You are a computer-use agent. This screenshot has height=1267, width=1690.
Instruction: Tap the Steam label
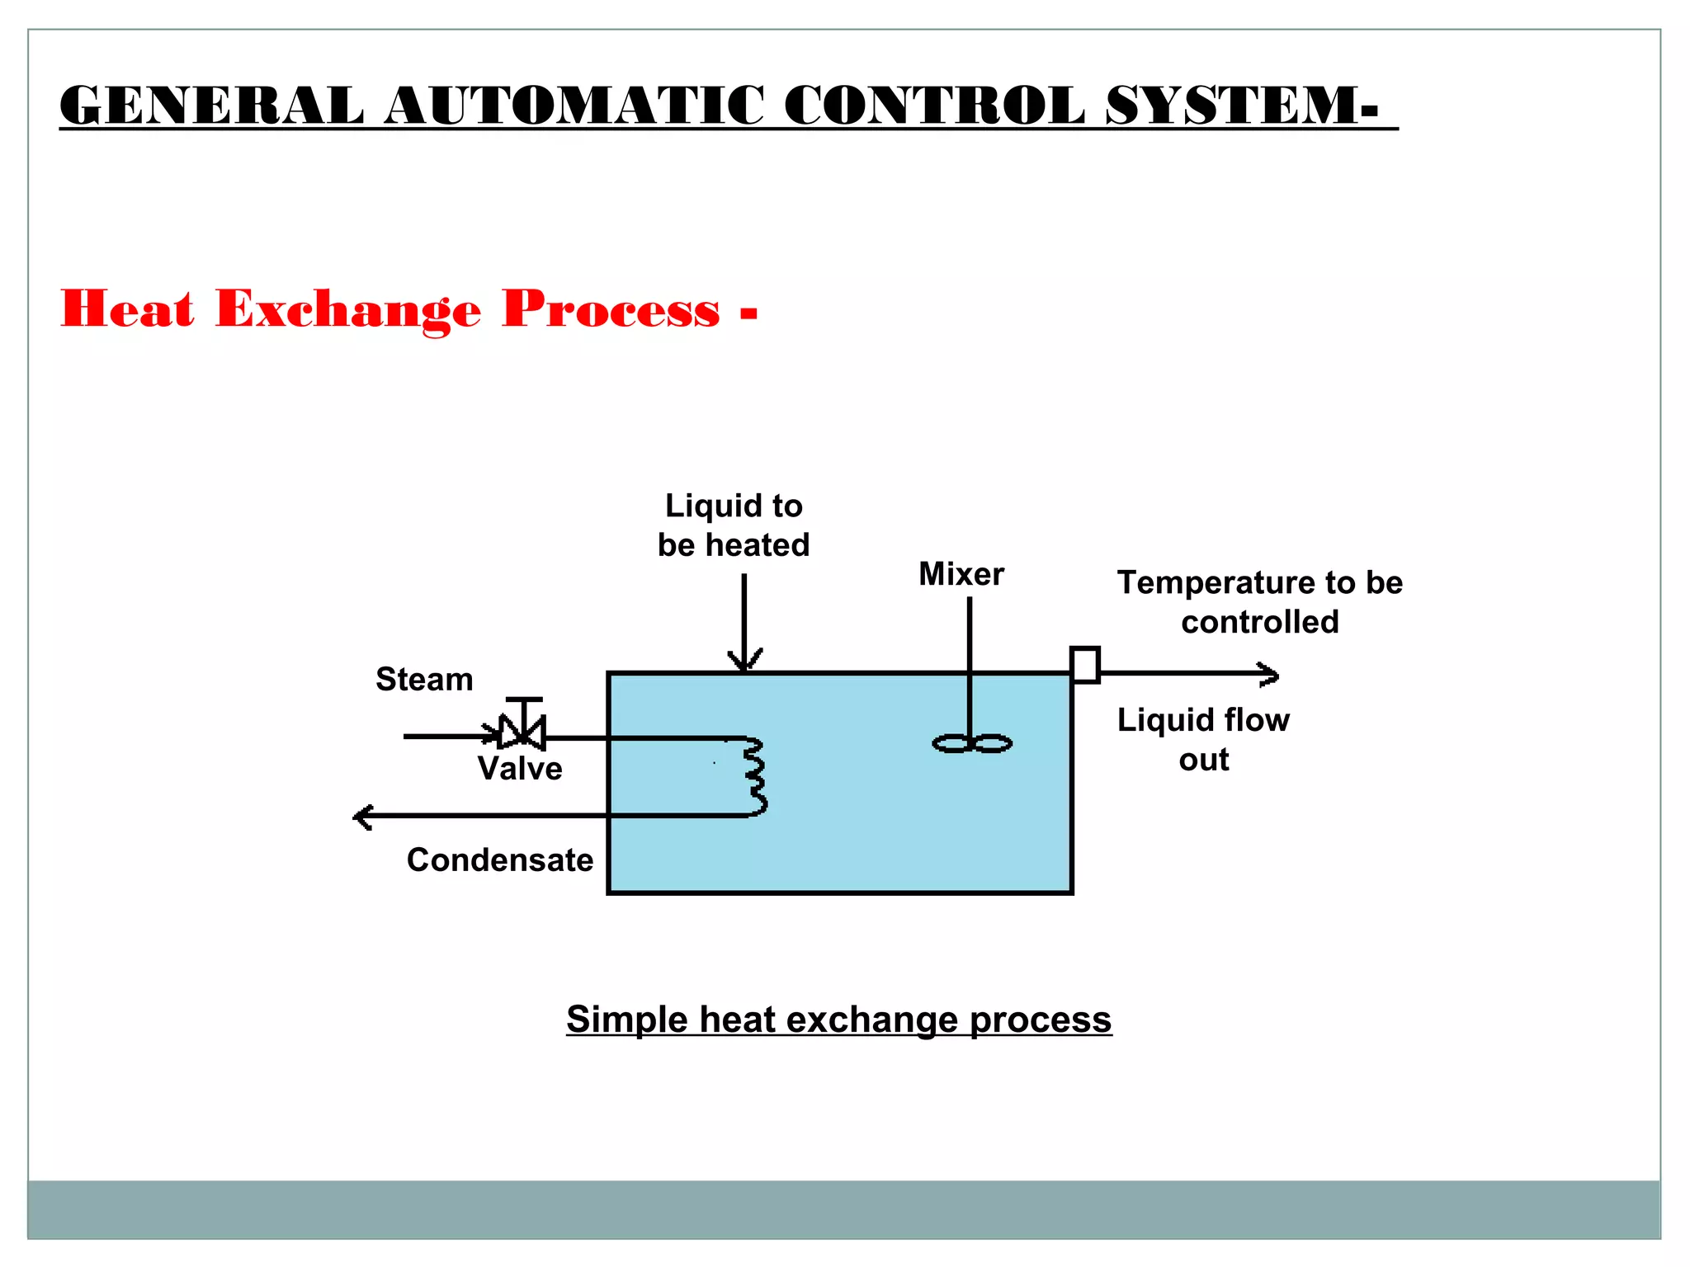point(424,680)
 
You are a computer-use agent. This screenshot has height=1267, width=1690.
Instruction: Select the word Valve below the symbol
point(520,769)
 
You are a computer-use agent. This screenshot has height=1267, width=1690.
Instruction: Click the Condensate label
point(500,860)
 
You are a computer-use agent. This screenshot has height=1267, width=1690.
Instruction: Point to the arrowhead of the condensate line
point(361,817)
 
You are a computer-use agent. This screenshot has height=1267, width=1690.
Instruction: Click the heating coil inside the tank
point(755,776)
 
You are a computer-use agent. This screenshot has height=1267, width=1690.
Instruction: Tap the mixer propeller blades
point(972,744)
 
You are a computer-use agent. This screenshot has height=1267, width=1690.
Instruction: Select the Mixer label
point(961,574)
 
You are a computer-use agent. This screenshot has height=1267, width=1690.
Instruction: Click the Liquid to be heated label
point(734,525)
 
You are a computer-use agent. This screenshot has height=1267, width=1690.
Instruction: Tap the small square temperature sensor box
point(1084,665)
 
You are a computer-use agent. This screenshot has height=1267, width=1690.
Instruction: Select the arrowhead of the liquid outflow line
point(1271,675)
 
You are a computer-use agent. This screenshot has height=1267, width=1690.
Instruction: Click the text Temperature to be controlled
point(1259,602)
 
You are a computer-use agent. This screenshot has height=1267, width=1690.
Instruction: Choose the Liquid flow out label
point(1203,739)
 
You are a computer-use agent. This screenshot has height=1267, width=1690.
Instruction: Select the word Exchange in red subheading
point(347,310)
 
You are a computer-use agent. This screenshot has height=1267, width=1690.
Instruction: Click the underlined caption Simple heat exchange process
point(838,1020)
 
